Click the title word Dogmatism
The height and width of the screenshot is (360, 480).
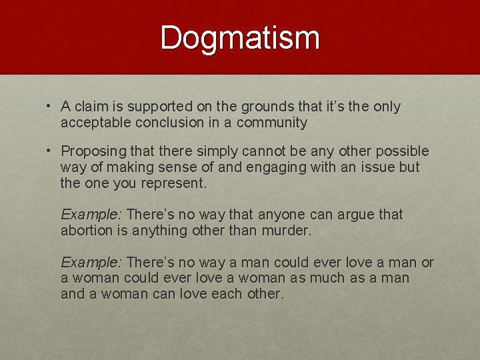[240, 38]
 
